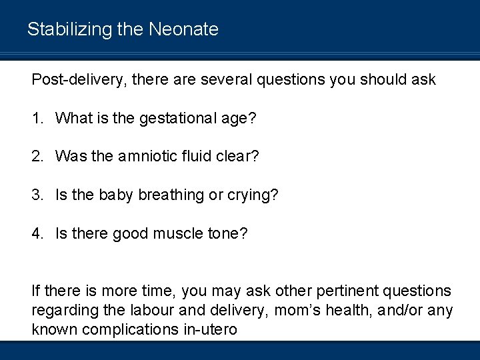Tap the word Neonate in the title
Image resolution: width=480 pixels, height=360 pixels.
tap(184, 29)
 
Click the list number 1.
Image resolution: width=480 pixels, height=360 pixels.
tap(37, 119)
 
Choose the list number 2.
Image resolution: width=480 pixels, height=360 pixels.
tap(37, 157)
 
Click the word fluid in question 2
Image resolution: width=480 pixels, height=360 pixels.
tap(193, 157)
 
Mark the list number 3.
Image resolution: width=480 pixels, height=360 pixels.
tap(37, 195)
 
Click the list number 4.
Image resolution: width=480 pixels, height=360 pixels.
tap(37, 233)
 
